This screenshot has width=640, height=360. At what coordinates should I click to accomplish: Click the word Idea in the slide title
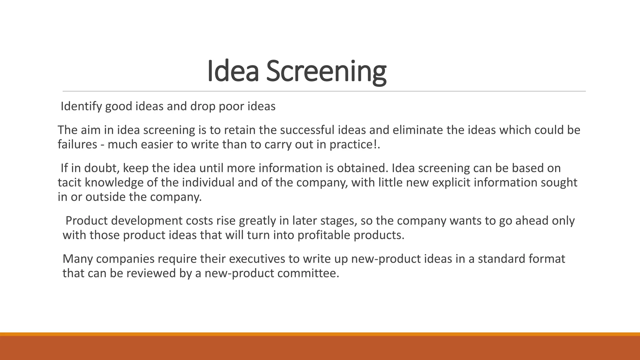point(233,72)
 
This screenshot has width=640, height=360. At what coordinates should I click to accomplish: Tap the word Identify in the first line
point(81,107)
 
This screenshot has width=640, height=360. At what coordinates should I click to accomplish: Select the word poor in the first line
point(231,107)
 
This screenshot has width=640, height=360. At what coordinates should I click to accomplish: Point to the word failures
point(77,144)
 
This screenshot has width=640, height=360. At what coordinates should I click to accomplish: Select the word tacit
point(69,182)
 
